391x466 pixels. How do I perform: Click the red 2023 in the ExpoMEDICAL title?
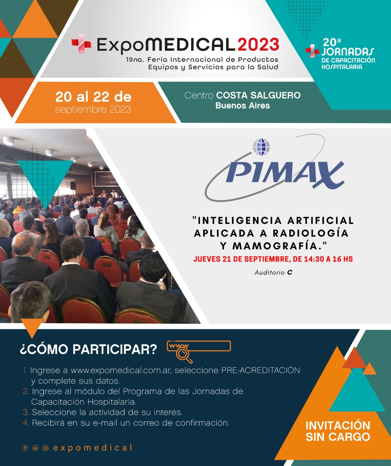[x=259, y=45]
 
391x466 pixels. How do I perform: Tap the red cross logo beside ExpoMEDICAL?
[x=81, y=44]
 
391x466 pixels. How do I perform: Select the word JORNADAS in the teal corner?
[x=348, y=52]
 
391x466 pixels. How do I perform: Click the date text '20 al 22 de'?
[x=93, y=97]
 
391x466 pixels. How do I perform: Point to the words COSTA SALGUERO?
[x=258, y=95]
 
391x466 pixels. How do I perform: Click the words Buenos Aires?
[x=243, y=105]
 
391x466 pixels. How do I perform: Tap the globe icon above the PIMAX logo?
[x=261, y=147]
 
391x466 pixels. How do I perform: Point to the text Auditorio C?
[x=273, y=272]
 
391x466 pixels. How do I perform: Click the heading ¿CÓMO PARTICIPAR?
[x=89, y=349]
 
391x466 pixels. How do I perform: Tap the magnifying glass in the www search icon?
[x=184, y=355]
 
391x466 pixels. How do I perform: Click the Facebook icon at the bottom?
[x=25, y=448]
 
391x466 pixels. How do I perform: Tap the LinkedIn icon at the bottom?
[x=35, y=448]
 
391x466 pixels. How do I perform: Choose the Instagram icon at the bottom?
[x=45, y=448]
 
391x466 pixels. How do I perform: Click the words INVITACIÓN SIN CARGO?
[x=338, y=431]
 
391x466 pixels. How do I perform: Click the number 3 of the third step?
[x=26, y=412]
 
